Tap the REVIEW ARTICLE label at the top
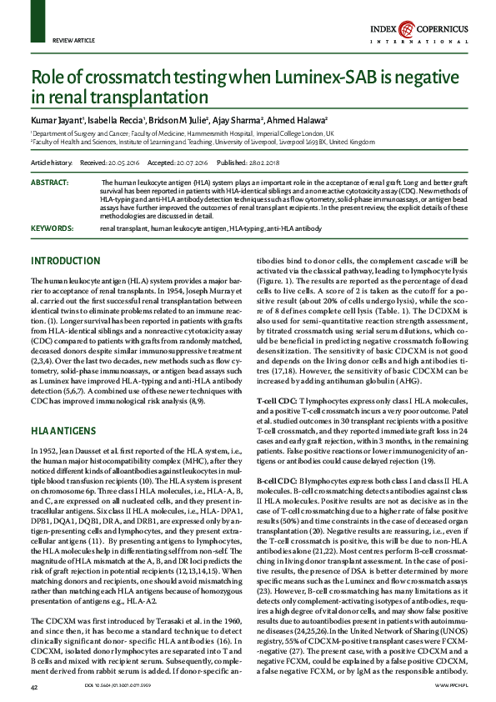pyautogui.click(x=73, y=39)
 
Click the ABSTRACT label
pyautogui.click(x=49, y=182)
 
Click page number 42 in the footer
pyautogui.click(x=34, y=686)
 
